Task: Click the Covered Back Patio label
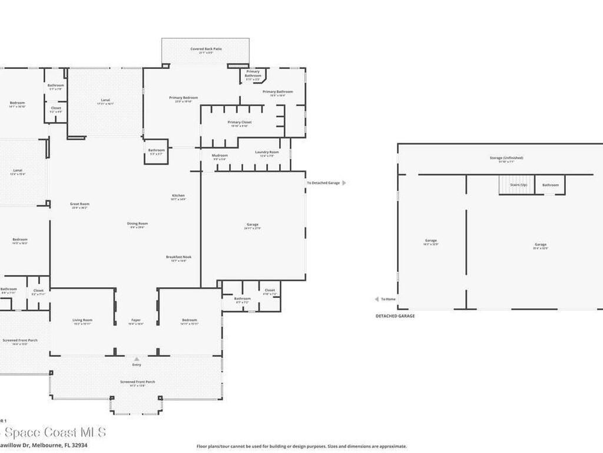pyautogui.click(x=205, y=49)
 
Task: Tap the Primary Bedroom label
pyautogui.click(x=183, y=98)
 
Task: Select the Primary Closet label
pyautogui.click(x=239, y=123)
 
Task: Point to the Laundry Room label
pyautogui.click(x=267, y=152)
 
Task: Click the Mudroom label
pyautogui.click(x=219, y=155)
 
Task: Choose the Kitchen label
pyautogui.click(x=178, y=196)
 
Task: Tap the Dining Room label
pyautogui.click(x=137, y=224)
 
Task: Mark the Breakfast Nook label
pyautogui.click(x=178, y=257)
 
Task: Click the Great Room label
pyautogui.click(x=79, y=204)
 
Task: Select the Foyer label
pyautogui.click(x=136, y=320)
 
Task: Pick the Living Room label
pyautogui.click(x=82, y=320)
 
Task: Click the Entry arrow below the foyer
pyautogui.click(x=137, y=358)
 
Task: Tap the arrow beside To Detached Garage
pyautogui.click(x=344, y=183)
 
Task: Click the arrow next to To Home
pyautogui.click(x=377, y=299)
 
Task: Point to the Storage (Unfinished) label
pyautogui.click(x=506, y=158)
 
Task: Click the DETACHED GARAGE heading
pyautogui.click(x=395, y=316)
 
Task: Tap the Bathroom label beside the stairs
pyautogui.click(x=551, y=185)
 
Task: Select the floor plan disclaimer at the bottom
pyautogui.click(x=301, y=447)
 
